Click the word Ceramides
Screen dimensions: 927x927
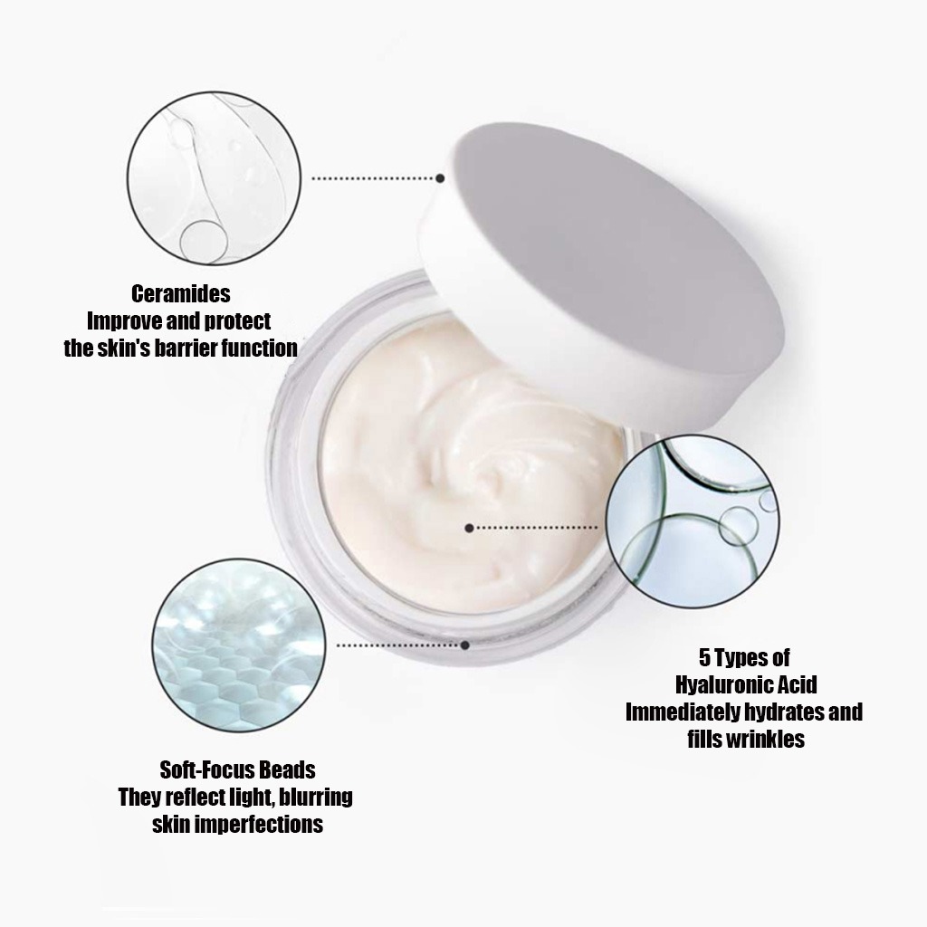pos(181,294)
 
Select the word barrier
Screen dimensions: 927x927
pos(180,348)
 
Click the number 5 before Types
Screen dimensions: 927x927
pos(703,656)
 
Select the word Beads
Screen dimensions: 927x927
pos(287,770)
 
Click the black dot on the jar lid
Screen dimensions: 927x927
pos(441,178)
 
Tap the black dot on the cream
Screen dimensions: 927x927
pos(469,527)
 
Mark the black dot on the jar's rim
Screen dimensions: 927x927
pos(464,645)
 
